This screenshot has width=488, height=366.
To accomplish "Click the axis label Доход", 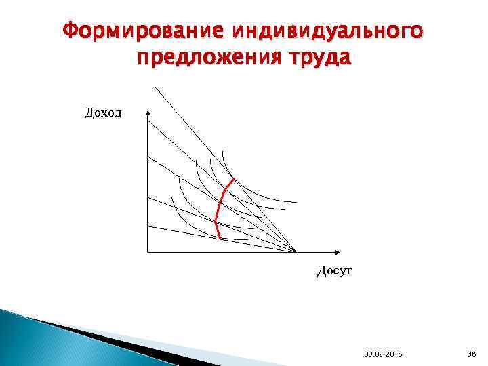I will coord(103,113).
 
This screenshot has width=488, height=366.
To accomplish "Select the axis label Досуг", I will coord(334,272).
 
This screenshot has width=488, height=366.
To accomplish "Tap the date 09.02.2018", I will coord(382,354).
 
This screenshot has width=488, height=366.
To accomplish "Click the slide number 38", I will coord(472,354).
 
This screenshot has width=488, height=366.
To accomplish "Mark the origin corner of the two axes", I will coord(148,253).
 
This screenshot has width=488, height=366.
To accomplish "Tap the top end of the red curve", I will coord(234,180).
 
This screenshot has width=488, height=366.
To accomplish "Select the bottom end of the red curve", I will coord(219,237).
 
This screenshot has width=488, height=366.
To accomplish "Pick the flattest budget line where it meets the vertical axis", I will coord(148,226).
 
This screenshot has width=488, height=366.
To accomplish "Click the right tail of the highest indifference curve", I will coord(296,202).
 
